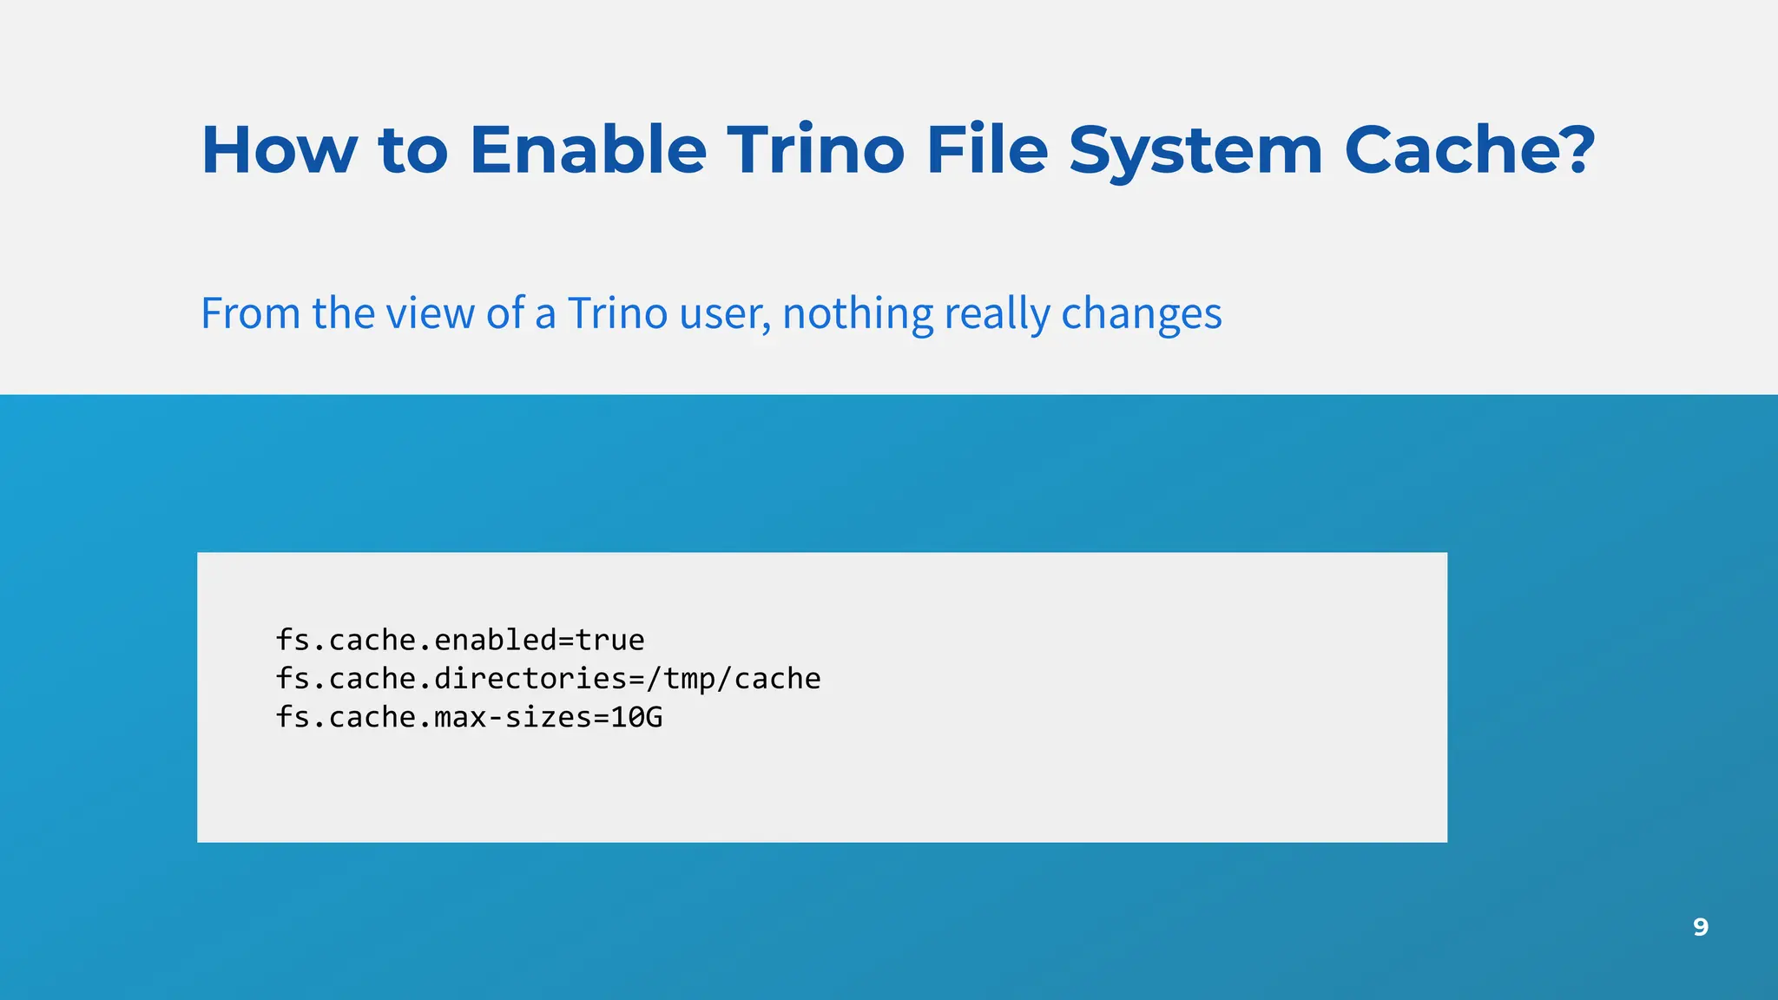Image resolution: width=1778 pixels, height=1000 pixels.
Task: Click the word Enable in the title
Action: click(x=588, y=150)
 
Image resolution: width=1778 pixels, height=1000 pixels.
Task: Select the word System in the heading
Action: click(x=1195, y=150)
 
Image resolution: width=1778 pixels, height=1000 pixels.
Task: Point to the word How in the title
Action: click(x=279, y=150)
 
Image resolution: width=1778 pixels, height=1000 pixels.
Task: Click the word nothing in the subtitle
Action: click(x=857, y=313)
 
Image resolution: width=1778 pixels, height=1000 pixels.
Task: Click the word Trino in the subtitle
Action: click(x=617, y=313)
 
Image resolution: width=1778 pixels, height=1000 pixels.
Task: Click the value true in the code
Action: click(x=610, y=641)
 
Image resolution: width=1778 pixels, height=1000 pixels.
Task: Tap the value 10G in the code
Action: click(x=636, y=718)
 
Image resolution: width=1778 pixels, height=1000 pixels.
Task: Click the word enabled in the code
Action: click(x=495, y=641)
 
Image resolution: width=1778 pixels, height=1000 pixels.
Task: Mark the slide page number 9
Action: click(x=1700, y=927)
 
